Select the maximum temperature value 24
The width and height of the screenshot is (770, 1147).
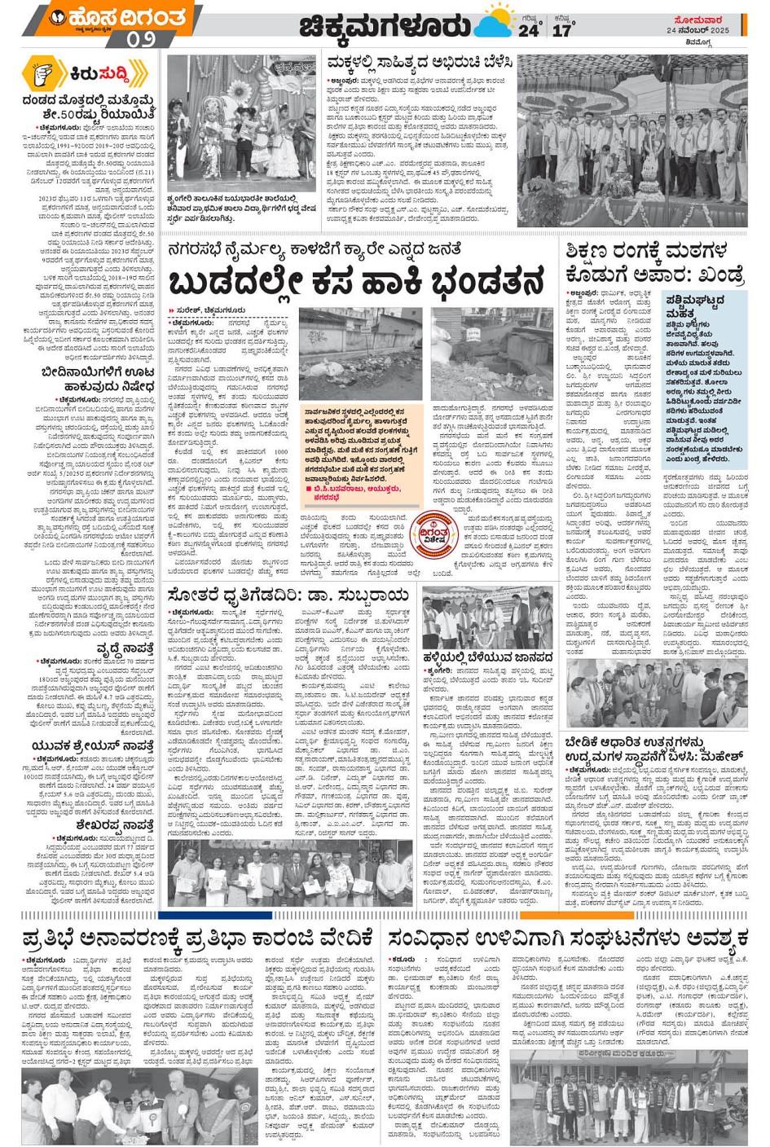tap(528, 31)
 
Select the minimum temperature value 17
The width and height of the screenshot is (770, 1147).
tap(562, 31)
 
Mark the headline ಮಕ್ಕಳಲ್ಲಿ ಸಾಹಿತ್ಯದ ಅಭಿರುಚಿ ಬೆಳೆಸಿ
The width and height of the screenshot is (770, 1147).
tap(419, 63)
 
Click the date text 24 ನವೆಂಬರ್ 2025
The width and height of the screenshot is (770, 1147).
tap(698, 30)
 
